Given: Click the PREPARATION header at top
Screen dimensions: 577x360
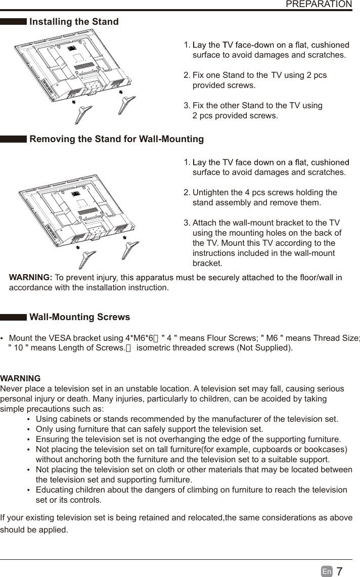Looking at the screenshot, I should coord(319,5).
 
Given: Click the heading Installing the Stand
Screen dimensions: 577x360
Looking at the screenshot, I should coord(74,22).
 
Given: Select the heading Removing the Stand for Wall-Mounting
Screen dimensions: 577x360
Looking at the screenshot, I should coord(117,139).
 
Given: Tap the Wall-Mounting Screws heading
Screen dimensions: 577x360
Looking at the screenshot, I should coord(80,318).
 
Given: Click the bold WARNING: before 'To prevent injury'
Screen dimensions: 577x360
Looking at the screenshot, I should coord(31,278).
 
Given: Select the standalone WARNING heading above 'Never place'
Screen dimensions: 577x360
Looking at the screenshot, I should coord(21,378).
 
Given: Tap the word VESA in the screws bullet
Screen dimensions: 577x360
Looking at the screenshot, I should coord(62,338).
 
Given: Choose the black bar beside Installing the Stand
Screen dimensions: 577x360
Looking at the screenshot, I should coord(14,22).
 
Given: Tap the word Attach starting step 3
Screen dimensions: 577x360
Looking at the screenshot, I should coord(205,223).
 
